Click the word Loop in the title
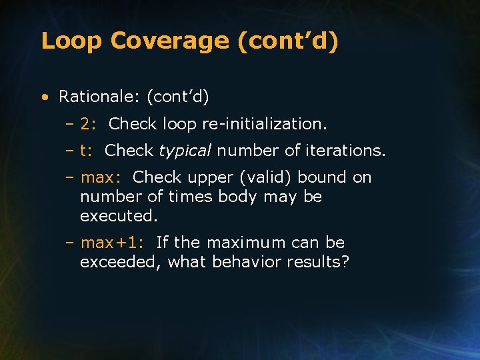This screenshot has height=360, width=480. [71, 41]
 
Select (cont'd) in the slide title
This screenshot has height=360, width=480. [287, 41]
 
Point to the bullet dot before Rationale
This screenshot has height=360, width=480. [43, 98]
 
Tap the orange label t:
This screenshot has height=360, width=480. [87, 151]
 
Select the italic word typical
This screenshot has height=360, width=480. [185, 151]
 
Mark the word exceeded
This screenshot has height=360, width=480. [119, 262]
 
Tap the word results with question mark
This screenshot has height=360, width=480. [317, 262]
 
